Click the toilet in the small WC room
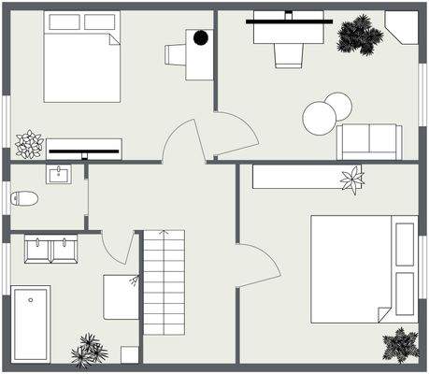25,198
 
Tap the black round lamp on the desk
200,38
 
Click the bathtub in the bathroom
31,323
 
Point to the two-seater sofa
369,141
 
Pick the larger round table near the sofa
319,118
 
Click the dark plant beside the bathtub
90,349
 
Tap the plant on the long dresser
352,178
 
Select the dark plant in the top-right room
360,36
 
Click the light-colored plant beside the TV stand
29,143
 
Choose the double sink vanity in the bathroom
50,250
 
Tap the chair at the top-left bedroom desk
176,55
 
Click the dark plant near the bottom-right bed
401,344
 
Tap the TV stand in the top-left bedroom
85,147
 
